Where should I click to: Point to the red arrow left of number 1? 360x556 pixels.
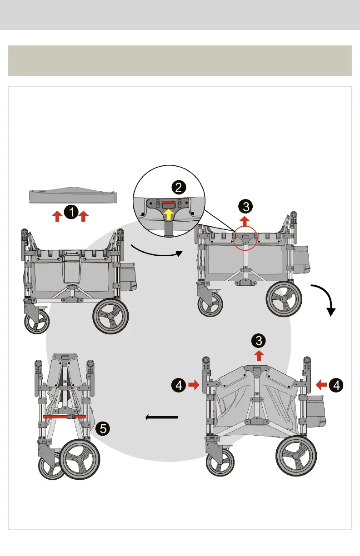[57, 216]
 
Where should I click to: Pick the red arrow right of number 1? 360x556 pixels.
[83, 216]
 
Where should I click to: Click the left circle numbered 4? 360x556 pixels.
[179, 385]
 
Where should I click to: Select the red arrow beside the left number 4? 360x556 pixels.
[194, 385]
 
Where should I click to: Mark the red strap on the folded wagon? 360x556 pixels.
[65, 416]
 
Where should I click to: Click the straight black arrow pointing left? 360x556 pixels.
[161, 417]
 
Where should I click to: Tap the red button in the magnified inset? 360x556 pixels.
[168, 204]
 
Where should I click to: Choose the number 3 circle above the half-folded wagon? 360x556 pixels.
[259, 340]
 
